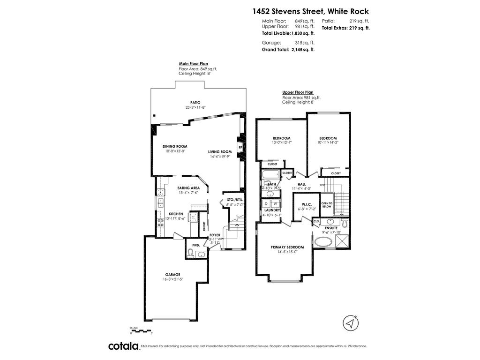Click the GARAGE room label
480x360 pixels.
172,275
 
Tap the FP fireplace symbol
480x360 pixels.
240,148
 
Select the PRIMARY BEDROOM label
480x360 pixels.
287,247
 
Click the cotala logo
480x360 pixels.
123,346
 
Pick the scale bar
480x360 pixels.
141,331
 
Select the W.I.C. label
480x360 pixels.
307,204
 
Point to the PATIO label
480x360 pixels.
195,102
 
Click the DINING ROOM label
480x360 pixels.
175,146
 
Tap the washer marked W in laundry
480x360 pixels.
274,204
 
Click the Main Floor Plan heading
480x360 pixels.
193,63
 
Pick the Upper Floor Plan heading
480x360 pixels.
298,92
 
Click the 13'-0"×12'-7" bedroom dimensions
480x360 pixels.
282,143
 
